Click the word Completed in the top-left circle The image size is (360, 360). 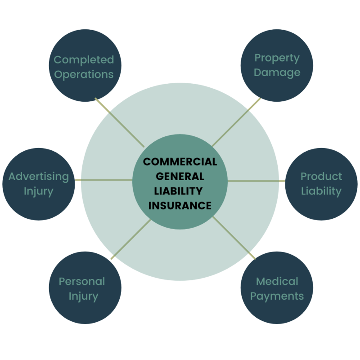pyautogui.click(x=84, y=60)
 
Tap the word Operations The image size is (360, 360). pyautogui.click(x=84, y=75)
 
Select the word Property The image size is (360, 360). pyautogui.click(x=277, y=58)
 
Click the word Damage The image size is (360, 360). pyautogui.click(x=277, y=73)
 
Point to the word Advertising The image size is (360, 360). pyautogui.click(x=39, y=176)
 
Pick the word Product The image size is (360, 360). pyautogui.click(x=321, y=176)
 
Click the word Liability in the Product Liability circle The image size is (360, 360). pyautogui.click(x=321, y=191)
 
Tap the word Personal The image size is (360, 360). pyautogui.click(x=82, y=282)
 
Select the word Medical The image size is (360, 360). pyautogui.click(x=277, y=282)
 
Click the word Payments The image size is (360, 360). pyautogui.click(x=277, y=297)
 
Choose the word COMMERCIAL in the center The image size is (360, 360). pyautogui.click(x=180, y=162)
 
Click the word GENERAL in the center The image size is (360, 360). pyautogui.click(x=180, y=176)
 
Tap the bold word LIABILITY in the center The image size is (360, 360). pyautogui.click(x=178, y=191)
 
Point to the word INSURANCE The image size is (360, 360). pyautogui.click(x=180, y=206)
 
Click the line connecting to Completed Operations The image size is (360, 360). pyautogui.click(x=120, y=122)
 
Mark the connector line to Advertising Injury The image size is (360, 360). pyautogui.click(x=104, y=180)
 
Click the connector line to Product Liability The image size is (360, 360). pyautogui.click(x=256, y=181)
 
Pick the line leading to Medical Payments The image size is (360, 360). pyautogui.click(x=234, y=238)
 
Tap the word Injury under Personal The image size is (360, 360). pyautogui.click(x=83, y=297)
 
